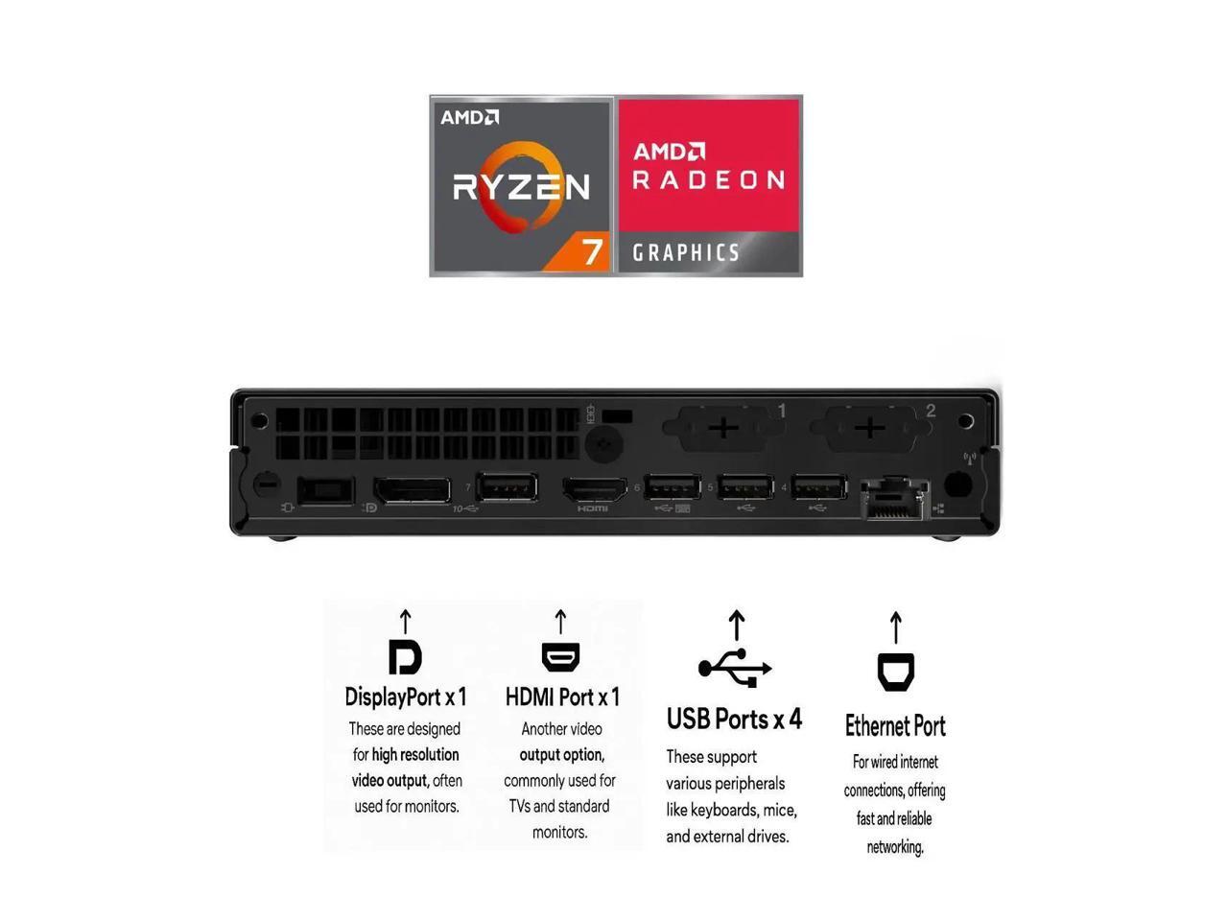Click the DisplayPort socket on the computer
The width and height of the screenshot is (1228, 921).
tap(412, 489)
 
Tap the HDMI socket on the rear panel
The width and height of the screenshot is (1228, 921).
tap(593, 489)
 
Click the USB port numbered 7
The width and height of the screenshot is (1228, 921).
tap(507, 486)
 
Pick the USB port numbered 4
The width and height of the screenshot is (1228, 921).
tap(818, 487)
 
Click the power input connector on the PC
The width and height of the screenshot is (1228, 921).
tap(326, 490)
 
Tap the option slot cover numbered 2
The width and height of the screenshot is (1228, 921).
tap(869, 427)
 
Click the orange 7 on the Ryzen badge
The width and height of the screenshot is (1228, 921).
tap(593, 251)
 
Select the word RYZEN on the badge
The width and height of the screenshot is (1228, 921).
tap(521, 186)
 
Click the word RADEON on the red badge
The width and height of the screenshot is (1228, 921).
tap(709, 179)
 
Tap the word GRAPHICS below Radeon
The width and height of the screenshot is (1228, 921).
tap(686, 253)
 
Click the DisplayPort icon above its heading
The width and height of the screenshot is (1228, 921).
tap(405, 657)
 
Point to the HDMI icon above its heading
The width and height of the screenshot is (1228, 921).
tap(560, 657)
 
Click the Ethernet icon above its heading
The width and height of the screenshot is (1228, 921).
tap(896, 672)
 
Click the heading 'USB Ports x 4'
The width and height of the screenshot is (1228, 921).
tap(734, 719)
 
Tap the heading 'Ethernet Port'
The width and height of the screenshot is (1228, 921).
tap(895, 726)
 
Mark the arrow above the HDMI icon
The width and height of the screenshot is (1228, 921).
tap(560, 622)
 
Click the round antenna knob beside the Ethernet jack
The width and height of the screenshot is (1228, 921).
tap(956, 483)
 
